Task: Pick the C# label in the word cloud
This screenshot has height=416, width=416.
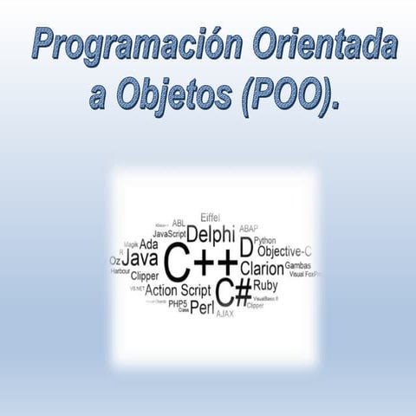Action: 232,291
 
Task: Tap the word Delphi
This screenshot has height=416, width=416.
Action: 211,234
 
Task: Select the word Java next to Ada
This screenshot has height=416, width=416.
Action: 140,259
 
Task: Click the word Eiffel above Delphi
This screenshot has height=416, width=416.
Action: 211,217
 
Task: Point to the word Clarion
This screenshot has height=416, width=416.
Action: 262,269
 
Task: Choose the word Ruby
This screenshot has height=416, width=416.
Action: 265,285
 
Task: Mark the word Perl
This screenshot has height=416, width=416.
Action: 202,307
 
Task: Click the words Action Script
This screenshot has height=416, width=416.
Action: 178,290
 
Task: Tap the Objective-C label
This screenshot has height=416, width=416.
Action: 283,251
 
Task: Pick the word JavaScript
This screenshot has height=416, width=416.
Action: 169,234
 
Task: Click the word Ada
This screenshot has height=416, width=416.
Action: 148,244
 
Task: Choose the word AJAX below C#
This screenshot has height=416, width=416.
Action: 224,313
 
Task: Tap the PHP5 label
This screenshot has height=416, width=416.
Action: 177,303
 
